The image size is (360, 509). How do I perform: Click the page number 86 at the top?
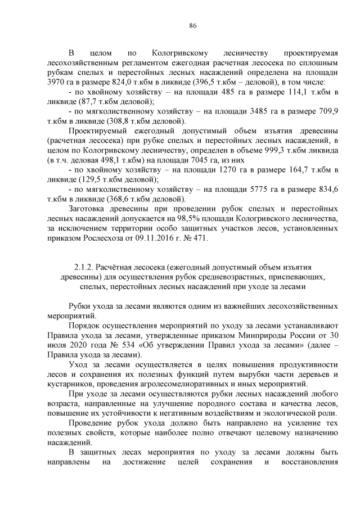tap(192, 26)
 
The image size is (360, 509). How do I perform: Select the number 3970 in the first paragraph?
tap(57, 81)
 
